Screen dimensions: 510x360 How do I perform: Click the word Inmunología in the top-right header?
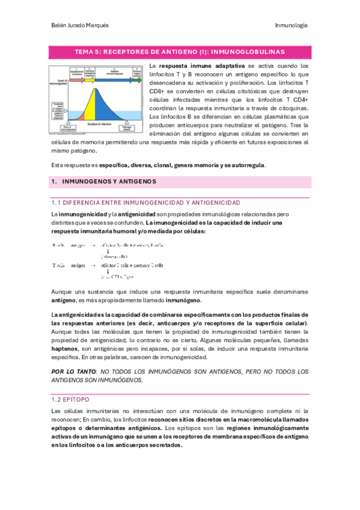[291, 25]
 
